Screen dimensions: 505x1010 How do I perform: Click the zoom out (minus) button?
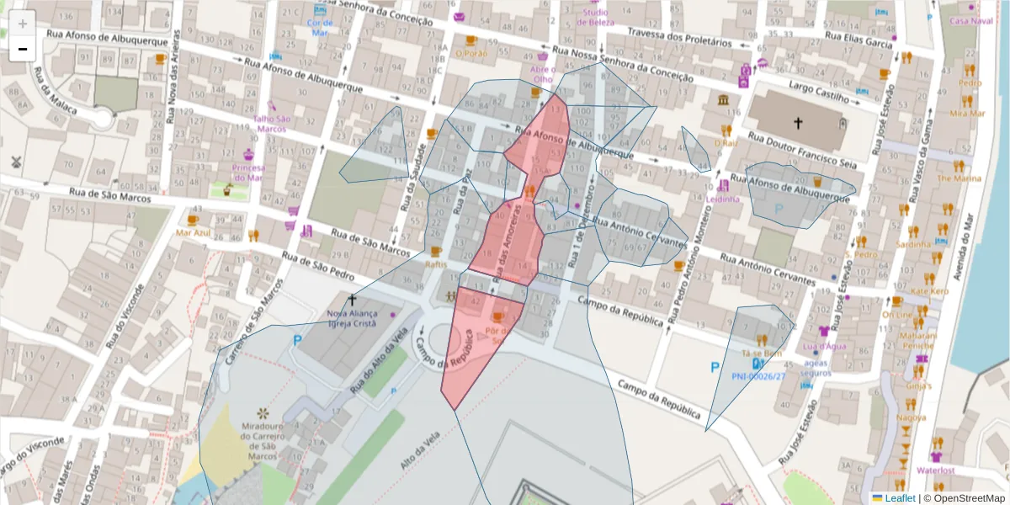pos(23,50)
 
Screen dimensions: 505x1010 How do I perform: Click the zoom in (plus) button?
pos(23,24)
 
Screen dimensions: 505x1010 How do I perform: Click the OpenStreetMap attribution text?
pos(963,497)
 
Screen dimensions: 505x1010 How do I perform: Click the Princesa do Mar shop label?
pos(247,173)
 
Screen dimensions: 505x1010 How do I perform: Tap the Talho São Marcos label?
pos(272,124)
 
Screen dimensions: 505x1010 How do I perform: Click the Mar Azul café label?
pos(193,231)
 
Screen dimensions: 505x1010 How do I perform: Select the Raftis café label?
pos(436,263)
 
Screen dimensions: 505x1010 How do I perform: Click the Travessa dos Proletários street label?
pos(678,40)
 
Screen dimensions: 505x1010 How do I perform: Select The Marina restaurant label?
pos(959,178)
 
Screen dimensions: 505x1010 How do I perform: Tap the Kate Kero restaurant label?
pos(929,291)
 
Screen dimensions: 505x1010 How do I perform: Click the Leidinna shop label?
pos(723,199)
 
